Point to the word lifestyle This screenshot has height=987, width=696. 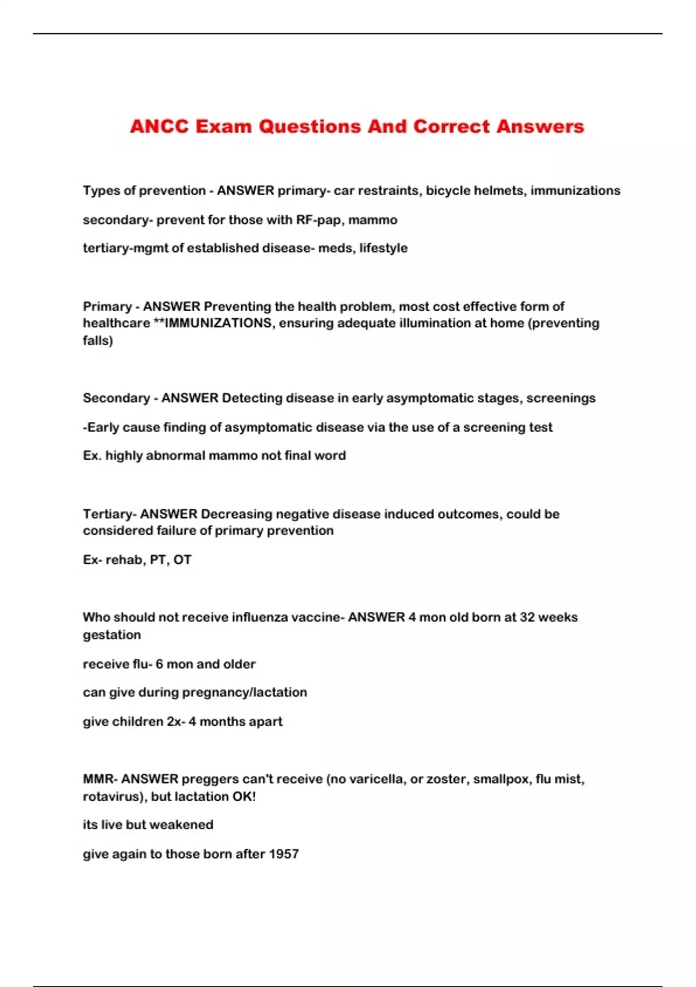[383, 248]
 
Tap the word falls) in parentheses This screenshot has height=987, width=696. [98, 340]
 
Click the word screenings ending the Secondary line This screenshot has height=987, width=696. [561, 398]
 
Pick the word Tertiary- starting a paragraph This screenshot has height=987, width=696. [110, 514]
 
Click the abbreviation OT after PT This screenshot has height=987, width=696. [182, 560]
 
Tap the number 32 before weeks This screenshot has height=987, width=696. [527, 617]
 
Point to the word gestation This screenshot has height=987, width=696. [112, 635]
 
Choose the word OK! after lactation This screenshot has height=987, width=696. [244, 797]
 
